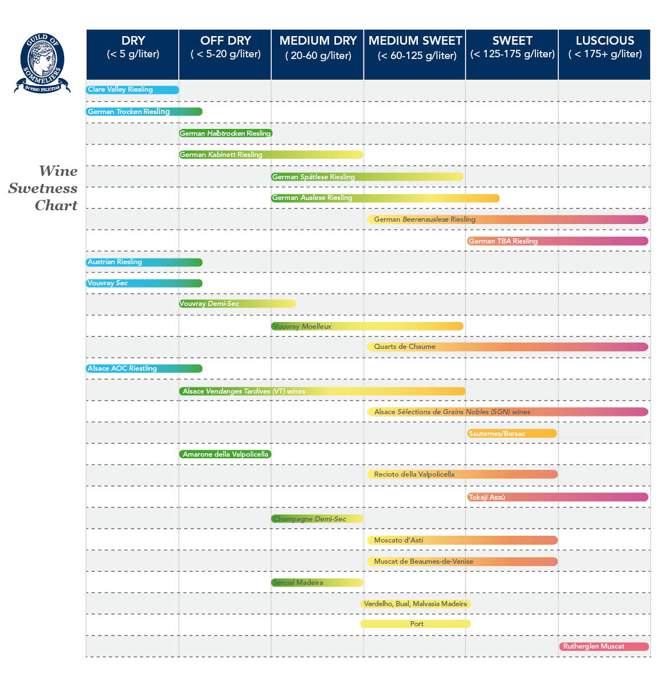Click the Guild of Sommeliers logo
[x=42, y=63]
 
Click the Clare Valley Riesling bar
[x=132, y=90]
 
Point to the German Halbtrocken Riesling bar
[x=225, y=133]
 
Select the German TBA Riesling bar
[x=557, y=241]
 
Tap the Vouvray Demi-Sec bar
[x=237, y=304]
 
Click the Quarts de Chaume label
[x=405, y=347]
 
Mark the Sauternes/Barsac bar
[x=512, y=434]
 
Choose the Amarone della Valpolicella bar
[x=225, y=454]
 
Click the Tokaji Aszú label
[x=487, y=497]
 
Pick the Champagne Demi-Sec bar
[x=317, y=519]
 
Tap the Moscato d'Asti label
[x=398, y=540]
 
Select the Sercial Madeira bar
[x=317, y=583]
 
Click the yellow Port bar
[x=416, y=624]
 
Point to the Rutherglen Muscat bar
[x=604, y=646]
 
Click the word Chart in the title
[x=56, y=206]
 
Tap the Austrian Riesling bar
[x=144, y=262]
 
